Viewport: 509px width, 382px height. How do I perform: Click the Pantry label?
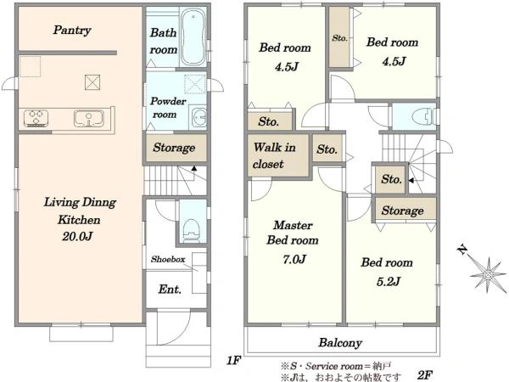pyautogui.click(x=72, y=31)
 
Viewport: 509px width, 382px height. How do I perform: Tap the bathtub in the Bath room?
pyautogui.click(x=193, y=37)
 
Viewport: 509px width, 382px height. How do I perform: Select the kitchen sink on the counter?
pyautogui.click(x=88, y=118)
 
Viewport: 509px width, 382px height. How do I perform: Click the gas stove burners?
pyautogui.click(x=36, y=118)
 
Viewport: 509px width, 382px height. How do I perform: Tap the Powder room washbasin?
pyautogui.click(x=199, y=116)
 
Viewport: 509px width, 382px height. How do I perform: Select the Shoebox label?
pyautogui.click(x=168, y=259)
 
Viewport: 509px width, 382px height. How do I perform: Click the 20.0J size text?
pyautogui.click(x=77, y=237)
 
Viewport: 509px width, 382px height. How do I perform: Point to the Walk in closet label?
pyautogui.click(x=274, y=155)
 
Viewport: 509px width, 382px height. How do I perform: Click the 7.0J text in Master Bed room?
pyautogui.click(x=294, y=259)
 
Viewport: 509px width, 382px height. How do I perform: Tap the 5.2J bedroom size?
pyautogui.click(x=389, y=281)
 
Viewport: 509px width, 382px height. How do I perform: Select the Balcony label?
pyautogui.click(x=340, y=343)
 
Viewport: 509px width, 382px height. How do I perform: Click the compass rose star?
pyautogui.click(x=488, y=275)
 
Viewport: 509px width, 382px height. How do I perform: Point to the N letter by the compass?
pyautogui.click(x=462, y=250)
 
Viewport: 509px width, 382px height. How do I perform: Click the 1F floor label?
pyautogui.click(x=233, y=360)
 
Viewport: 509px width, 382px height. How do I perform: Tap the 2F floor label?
pyautogui.click(x=425, y=375)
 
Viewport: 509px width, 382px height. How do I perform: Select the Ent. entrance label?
pyautogui.click(x=170, y=289)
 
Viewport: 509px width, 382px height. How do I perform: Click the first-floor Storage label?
pyautogui.click(x=174, y=148)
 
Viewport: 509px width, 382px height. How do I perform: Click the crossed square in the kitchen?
pyautogui.click(x=92, y=82)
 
